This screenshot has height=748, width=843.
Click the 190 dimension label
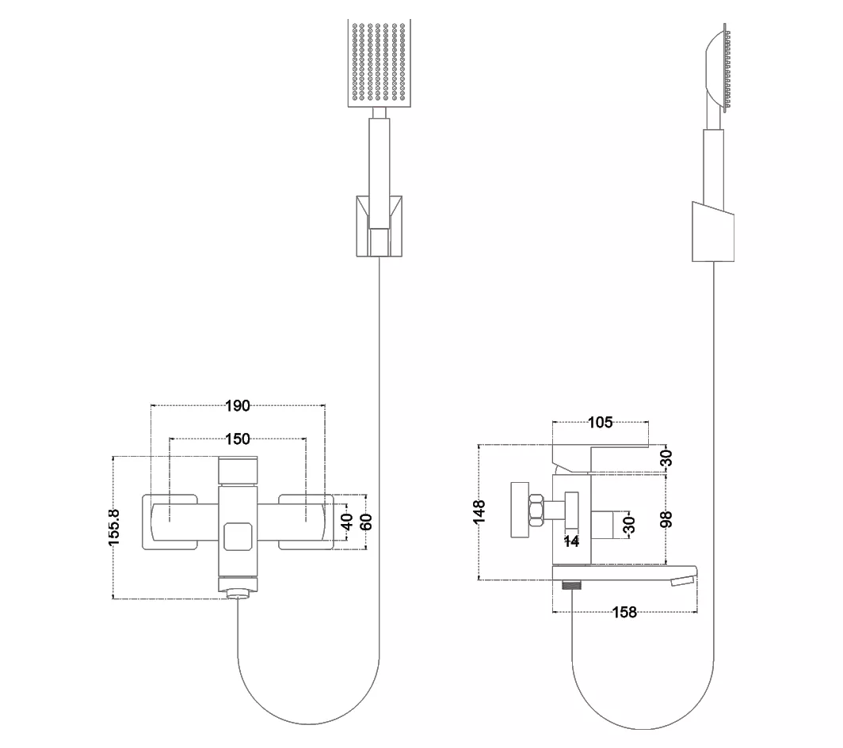coord(238,405)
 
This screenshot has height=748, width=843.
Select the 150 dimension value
coord(238,439)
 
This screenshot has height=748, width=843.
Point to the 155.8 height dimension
coord(115,527)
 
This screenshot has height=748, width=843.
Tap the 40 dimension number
coord(347,521)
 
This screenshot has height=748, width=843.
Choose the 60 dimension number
coord(366,522)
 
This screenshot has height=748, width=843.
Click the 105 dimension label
coord(600,423)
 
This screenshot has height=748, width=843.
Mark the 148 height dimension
coord(479,511)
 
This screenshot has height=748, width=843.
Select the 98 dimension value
coord(666,519)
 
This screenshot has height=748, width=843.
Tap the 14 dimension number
coord(571,541)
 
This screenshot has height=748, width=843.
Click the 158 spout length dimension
coord(624,612)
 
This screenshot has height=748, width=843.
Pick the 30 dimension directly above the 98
coord(666,458)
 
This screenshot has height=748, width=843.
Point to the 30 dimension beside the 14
coord(629,524)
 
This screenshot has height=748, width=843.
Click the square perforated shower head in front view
coord(380,63)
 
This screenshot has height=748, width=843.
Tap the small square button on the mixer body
coord(238,537)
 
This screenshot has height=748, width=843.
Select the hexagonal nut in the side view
coord(536,510)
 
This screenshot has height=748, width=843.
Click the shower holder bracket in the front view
coord(379,226)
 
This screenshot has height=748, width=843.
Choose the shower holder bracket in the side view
coord(713,232)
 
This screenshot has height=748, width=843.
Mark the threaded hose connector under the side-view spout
coord(572,585)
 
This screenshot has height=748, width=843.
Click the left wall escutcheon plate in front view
coord(170,522)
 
